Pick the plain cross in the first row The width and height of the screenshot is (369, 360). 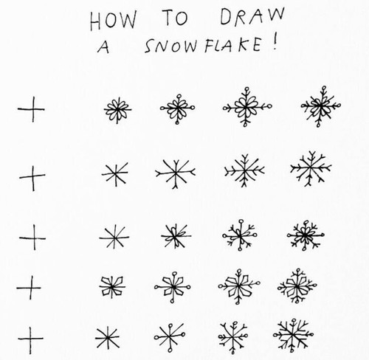tap(32, 110)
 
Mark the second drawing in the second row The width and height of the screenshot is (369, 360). tap(114, 174)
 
